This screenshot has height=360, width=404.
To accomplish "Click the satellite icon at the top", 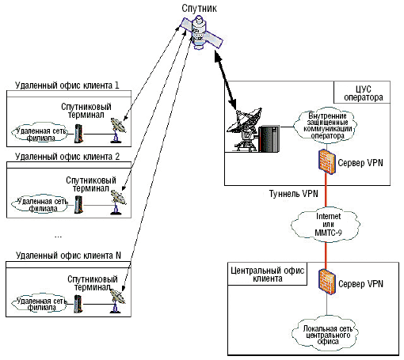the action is pos(201,32).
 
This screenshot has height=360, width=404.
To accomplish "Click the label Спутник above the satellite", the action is pos(199,8).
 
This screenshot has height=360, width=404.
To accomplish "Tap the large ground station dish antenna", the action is pos(244,129).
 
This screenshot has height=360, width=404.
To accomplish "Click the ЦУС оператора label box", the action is pos(362,93).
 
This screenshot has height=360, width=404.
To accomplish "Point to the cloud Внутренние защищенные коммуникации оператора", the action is pos(326,126).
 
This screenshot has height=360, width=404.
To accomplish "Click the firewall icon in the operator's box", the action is pos(326,161).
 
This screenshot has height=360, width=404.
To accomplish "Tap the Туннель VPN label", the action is pos(293,194).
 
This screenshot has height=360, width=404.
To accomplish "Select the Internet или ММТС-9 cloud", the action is pos(326,225).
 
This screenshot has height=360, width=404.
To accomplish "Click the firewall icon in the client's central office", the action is pos(327,282).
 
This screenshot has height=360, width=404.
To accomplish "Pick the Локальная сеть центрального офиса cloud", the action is pos(326,334).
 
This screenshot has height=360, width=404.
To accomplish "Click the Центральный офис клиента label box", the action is pos(267,274).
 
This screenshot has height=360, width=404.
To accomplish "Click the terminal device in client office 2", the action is pos(78,204).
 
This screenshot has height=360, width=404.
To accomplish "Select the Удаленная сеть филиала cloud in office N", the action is pos(40,304).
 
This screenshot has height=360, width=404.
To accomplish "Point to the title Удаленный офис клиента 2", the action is pos(67,157).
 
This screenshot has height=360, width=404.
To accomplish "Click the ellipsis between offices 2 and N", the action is pos(58,237).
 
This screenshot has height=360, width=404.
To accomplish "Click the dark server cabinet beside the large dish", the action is pos(269,138).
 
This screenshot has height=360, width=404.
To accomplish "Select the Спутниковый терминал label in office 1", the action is pos(86,111).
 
